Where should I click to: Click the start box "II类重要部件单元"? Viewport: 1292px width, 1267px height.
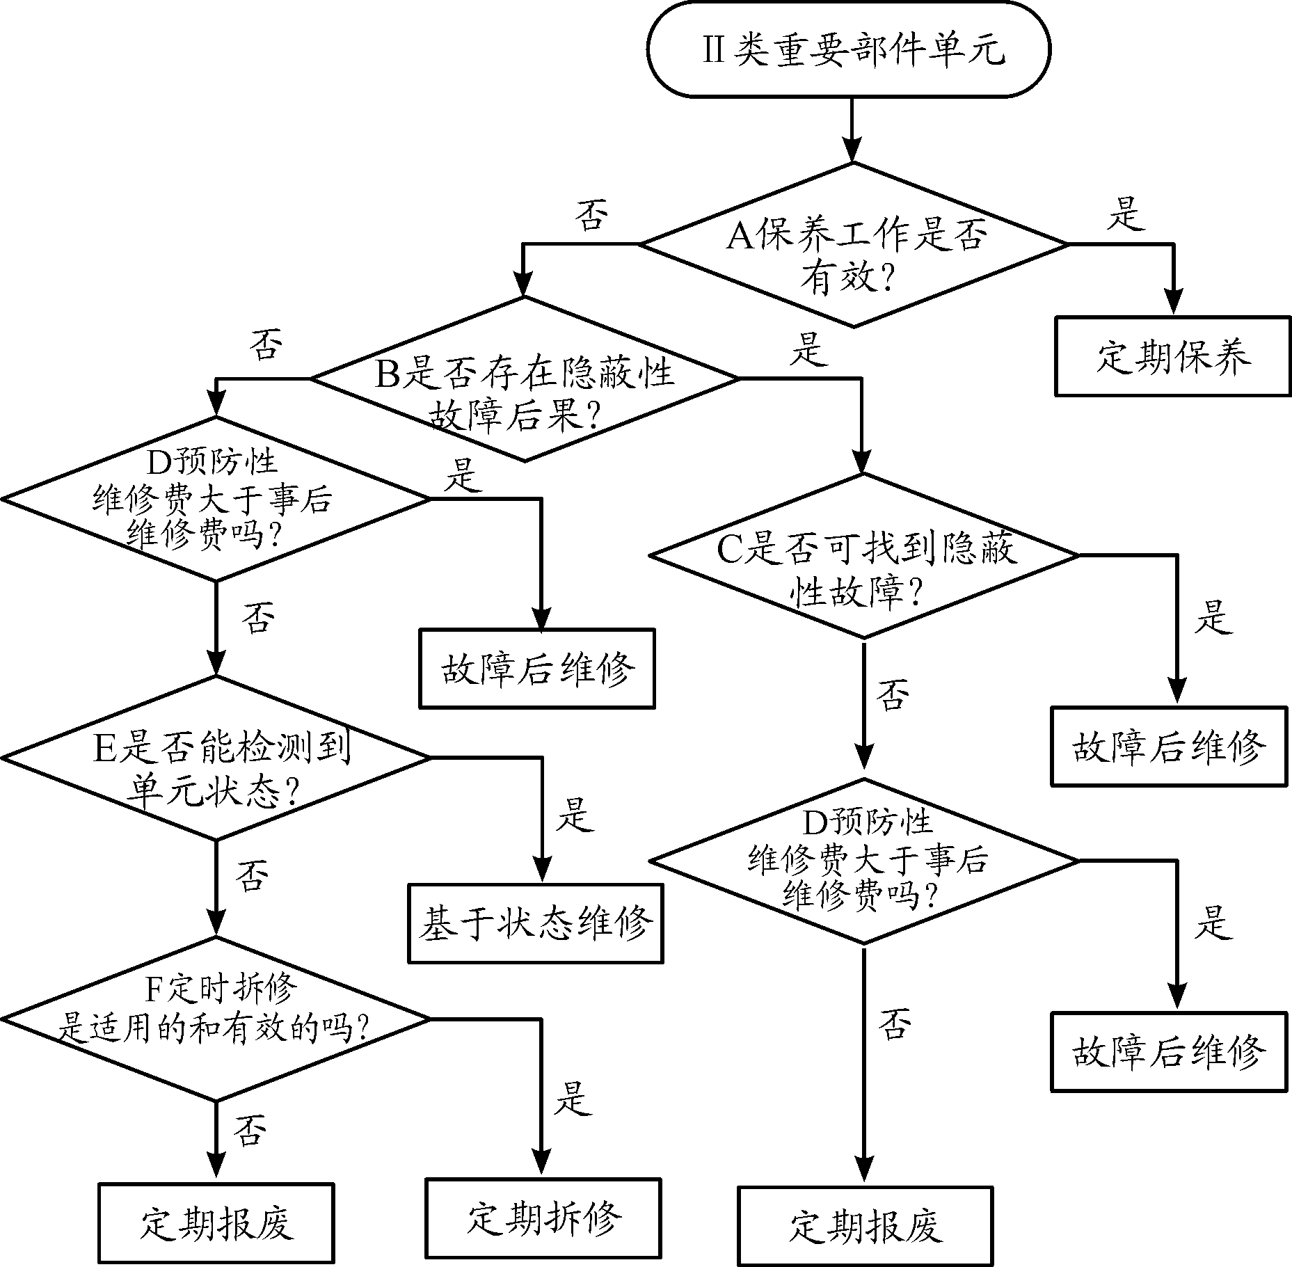(x=848, y=49)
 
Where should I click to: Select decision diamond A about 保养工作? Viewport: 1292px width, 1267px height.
(x=854, y=245)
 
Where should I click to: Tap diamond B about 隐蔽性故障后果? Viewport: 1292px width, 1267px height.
(x=525, y=379)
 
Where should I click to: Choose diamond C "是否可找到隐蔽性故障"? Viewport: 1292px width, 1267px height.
(x=863, y=555)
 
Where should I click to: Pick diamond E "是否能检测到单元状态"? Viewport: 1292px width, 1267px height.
(x=216, y=758)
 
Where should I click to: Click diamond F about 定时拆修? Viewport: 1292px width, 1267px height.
(x=216, y=1019)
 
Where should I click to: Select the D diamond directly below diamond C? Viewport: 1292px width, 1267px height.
(x=863, y=861)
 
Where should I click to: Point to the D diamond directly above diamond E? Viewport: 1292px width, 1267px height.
(x=216, y=499)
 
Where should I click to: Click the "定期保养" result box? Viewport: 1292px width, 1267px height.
(x=1172, y=356)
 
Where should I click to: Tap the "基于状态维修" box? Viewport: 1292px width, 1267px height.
(x=535, y=923)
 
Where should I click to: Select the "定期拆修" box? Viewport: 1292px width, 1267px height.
(x=543, y=1218)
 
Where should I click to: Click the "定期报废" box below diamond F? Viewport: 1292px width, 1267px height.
(x=216, y=1222)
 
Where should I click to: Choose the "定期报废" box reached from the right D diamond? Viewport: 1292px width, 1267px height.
(x=865, y=1226)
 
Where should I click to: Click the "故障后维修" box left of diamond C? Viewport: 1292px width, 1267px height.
(x=536, y=669)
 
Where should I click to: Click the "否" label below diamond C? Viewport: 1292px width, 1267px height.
(x=893, y=694)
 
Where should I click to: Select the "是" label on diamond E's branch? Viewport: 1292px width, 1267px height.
(x=574, y=814)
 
